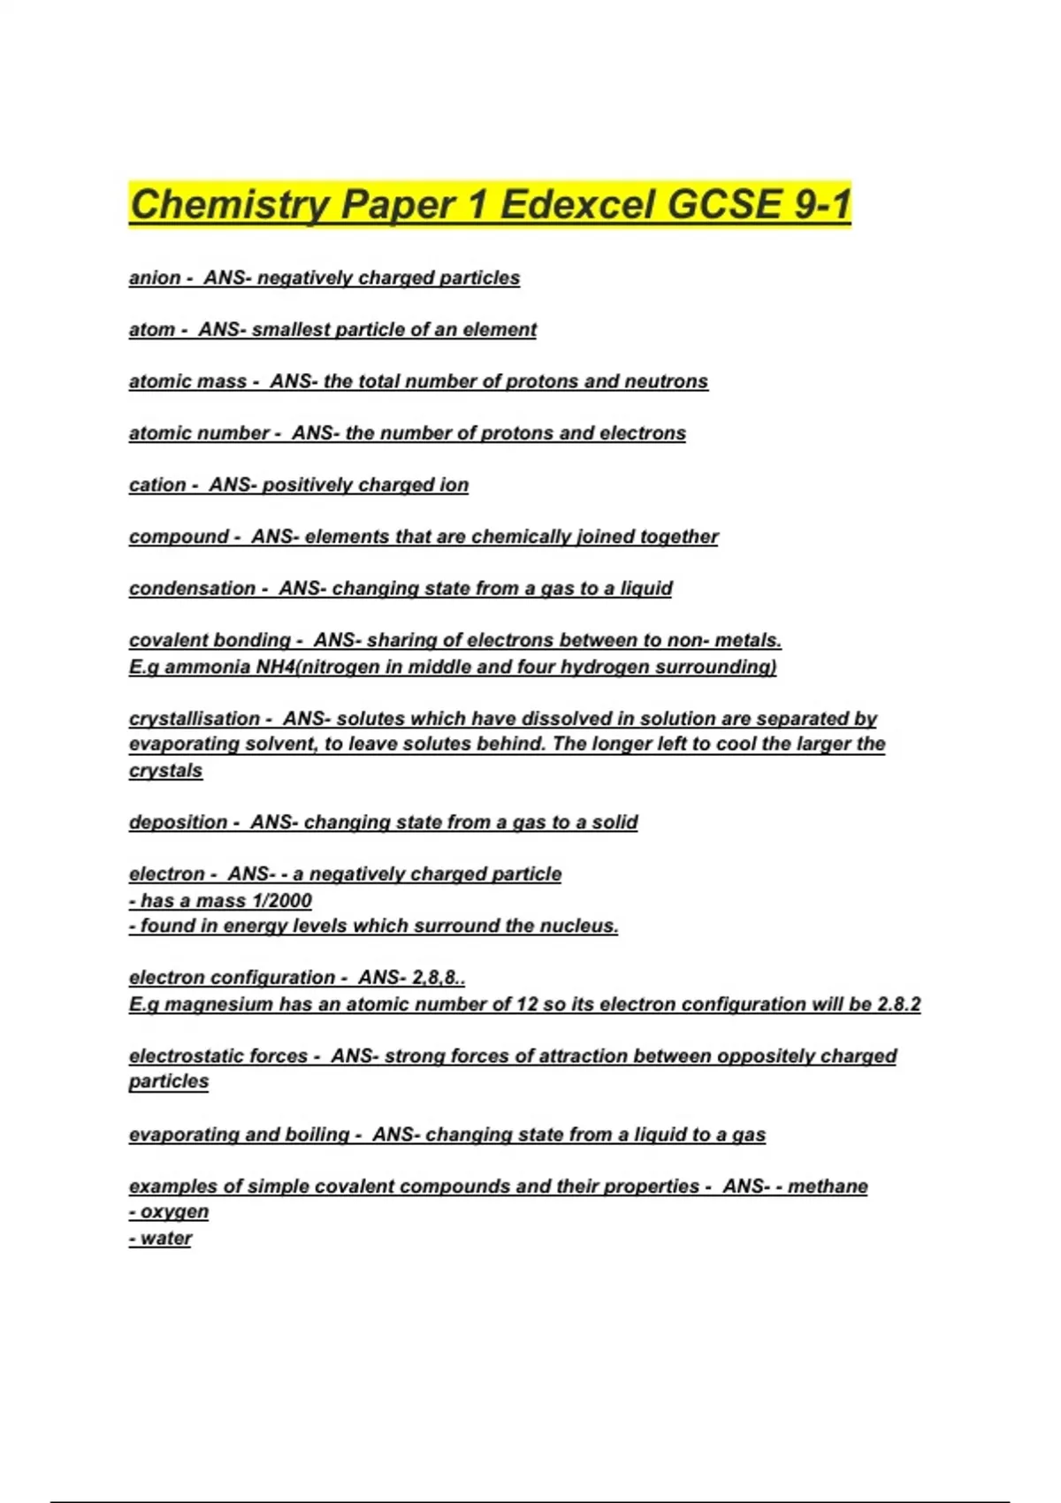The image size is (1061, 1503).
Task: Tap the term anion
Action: (x=155, y=278)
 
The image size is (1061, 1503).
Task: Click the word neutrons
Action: (x=666, y=381)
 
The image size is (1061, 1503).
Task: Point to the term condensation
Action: (x=192, y=588)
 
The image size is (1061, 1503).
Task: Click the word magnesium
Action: (x=219, y=1004)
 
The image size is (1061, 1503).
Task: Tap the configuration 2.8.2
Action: (x=898, y=1004)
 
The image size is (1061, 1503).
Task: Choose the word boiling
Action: (x=317, y=1134)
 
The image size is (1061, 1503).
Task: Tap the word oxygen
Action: (x=174, y=1211)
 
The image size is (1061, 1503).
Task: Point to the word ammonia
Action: (x=208, y=667)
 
